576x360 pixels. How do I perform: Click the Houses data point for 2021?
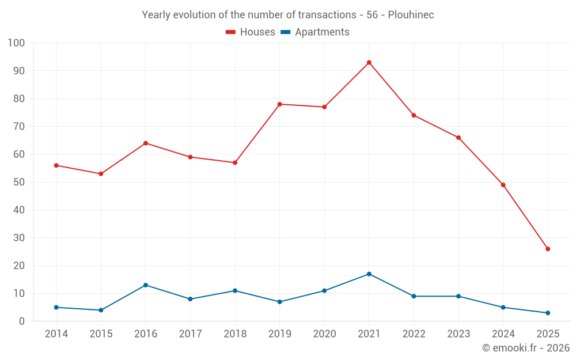pyautogui.click(x=369, y=62)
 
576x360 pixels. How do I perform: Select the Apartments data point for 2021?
pyautogui.click(x=369, y=274)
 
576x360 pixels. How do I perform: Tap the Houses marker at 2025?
pyautogui.click(x=548, y=249)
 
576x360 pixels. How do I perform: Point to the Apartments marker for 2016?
pyautogui.click(x=145, y=285)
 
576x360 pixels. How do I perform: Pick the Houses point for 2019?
pyautogui.click(x=279, y=104)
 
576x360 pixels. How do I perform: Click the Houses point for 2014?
pyautogui.click(x=56, y=165)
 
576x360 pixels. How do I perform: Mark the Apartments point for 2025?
pyautogui.click(x=548, y=313)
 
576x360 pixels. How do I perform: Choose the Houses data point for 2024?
pyautogui.click(x=503, y=185)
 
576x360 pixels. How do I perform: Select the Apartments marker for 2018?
pyautogui.click(x=235, y=290)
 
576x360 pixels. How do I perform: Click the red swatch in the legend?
pyautogui.click(x=231, y=32)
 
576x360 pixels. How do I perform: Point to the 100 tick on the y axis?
pyautogui.click(x=16, y=43)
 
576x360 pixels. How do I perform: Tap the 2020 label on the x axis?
pyautogui.click(x=324, y=334)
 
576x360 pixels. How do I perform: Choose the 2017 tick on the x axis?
pyautogui.click(x=190, y=334)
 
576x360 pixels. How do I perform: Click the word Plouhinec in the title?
pyautogui.click(x=411, y=15)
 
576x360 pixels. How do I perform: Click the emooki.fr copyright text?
pyautogui.click(x=525, y=348)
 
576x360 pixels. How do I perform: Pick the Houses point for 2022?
pyautogui.click(x=414, y=115)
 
